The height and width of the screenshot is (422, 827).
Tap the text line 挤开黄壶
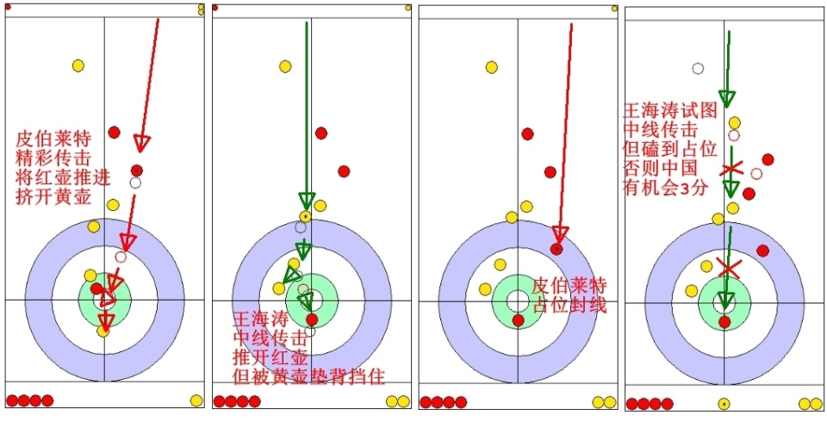pos(51,197)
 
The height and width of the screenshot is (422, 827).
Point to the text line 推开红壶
pos(261,357)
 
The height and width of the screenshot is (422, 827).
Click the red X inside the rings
pos(729,270)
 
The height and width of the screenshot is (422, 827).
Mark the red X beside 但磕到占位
pos(731,168)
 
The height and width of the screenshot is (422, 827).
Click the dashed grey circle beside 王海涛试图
pos(699,69)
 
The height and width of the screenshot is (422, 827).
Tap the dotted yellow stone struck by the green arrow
pos(305,215)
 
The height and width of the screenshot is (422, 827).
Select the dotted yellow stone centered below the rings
pos(724,404)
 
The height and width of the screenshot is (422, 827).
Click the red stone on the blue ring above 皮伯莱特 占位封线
pos(557,249)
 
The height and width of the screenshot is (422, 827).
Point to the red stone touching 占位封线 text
pos(518,320)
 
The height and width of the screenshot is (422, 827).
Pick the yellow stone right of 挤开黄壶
pos(113,205)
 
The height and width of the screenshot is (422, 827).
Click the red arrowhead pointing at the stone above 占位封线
pos(560,234)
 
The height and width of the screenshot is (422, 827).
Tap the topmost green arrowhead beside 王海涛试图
pos(727,97)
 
